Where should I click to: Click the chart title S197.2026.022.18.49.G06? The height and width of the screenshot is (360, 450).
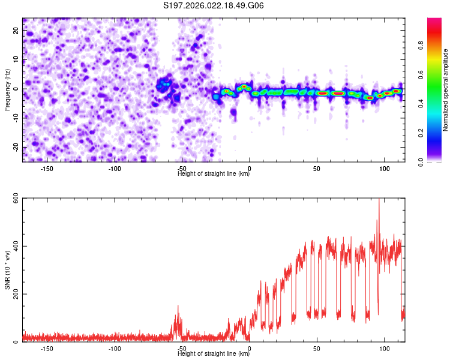coord(214,6)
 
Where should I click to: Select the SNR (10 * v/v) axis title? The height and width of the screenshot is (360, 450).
coord(7,270)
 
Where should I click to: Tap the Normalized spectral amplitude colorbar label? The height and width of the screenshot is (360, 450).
coord(446,90)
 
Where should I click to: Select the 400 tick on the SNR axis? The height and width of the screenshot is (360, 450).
coord(13,247)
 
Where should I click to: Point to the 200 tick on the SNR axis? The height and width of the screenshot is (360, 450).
coord(13,295)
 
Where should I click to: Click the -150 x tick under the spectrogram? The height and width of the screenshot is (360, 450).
coord(47,169)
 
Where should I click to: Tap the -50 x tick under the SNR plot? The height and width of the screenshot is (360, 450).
coord(182,349)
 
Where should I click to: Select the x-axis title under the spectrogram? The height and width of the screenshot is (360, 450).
coord(214,175)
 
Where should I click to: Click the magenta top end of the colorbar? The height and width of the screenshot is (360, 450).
coord(434,22)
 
